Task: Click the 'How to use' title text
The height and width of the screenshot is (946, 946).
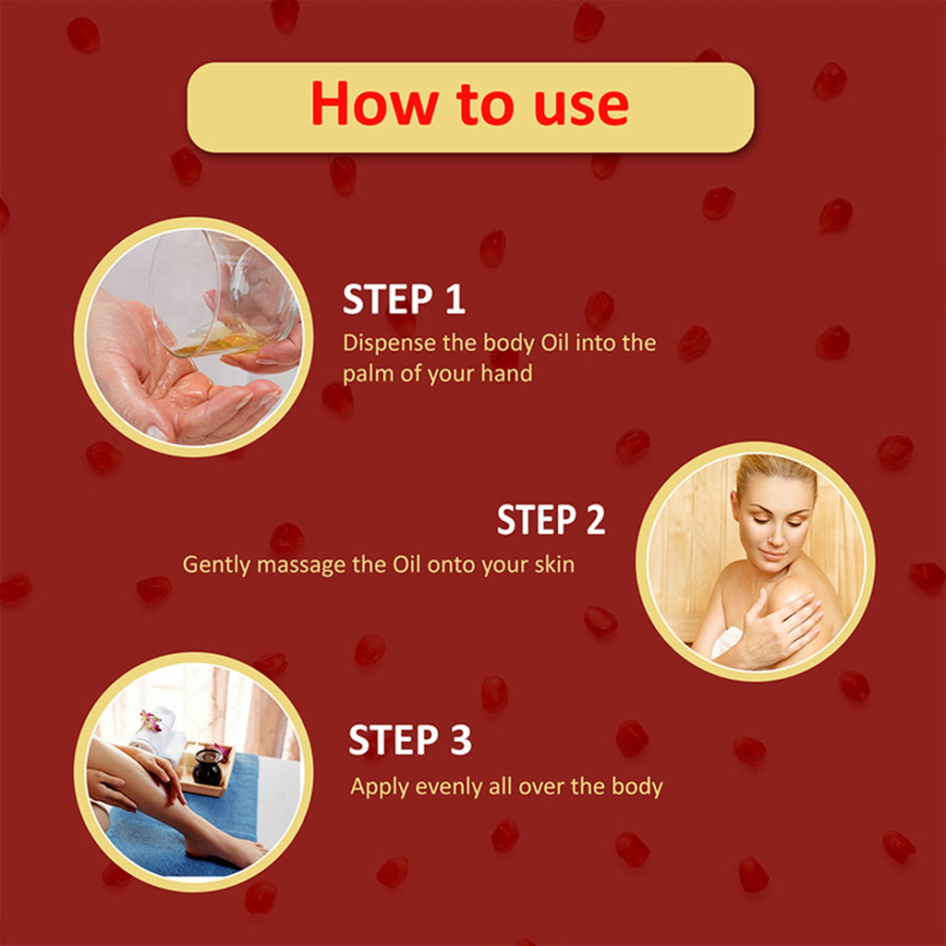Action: (x=470, y=103)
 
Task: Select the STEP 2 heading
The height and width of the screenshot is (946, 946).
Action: (x=551, y=519)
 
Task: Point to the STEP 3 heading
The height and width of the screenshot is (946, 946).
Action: (x=409, y=740)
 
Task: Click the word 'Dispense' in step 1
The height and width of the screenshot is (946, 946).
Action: (x=389, y=344)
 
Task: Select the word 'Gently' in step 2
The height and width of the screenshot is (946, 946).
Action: (x=216, y=566)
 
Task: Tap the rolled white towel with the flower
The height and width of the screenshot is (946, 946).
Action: (x=158, y=733)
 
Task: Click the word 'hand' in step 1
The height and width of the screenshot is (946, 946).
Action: (x=506, y=373)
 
